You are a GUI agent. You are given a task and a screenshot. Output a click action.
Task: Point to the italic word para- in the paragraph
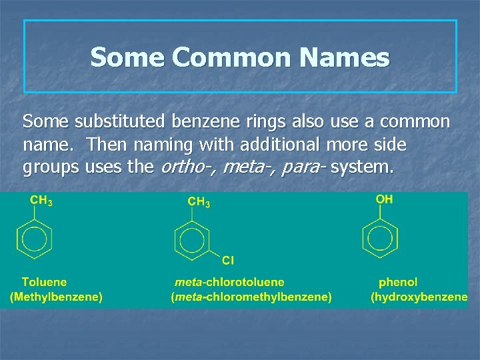(x=303, y=167)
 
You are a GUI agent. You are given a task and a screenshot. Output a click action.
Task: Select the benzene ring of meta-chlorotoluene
(x=192, y=239)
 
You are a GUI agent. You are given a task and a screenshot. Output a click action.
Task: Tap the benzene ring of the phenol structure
(x=381, y=239)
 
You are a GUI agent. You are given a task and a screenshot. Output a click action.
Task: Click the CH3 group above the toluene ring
(x=41, y=201)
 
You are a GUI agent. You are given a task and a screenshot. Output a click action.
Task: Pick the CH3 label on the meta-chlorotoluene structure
(x=199, y=201)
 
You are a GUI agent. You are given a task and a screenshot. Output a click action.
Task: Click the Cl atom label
(x=228, y=259)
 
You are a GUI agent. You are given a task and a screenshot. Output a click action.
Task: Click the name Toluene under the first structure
(x=44, y=283)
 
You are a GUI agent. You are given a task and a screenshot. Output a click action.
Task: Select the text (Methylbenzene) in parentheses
(x=56, y=297)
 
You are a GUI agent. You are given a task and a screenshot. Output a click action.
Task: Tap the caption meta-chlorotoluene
(x=229, y=283)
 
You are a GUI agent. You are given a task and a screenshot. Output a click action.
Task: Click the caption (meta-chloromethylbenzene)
(x=251, y=297)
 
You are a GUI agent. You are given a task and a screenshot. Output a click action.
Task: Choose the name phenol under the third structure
(x=398, y=283)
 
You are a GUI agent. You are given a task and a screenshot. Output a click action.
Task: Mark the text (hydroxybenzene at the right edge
(x=419, y=297)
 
